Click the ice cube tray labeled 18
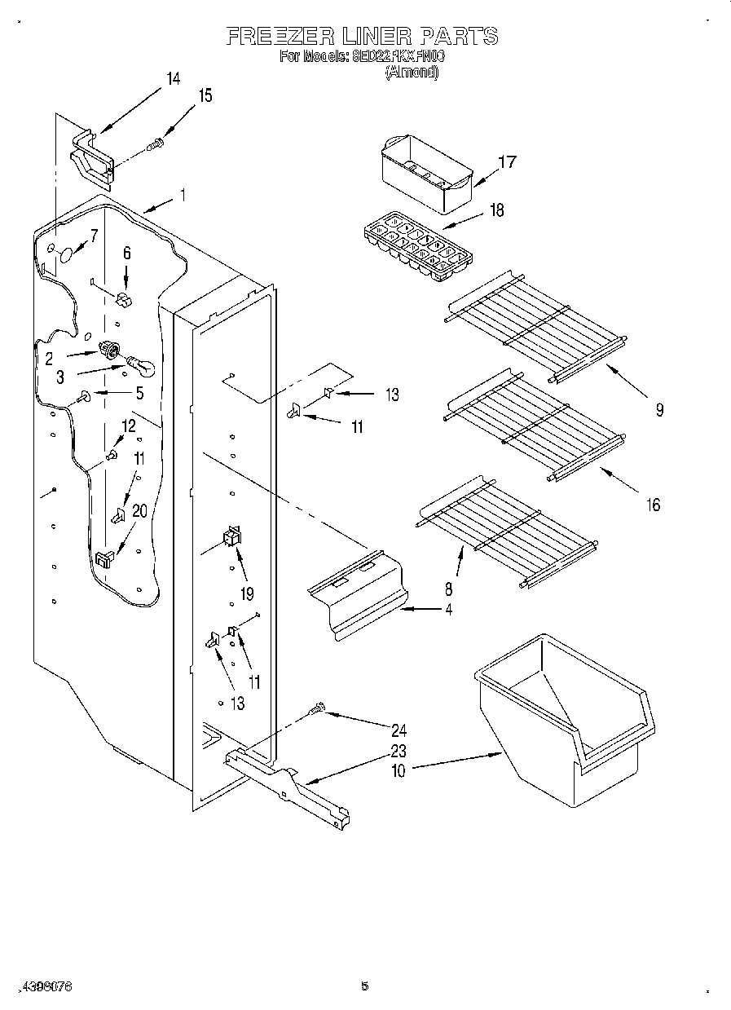pos(417,248)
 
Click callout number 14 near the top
pos(173,79)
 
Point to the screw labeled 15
pos(155,145)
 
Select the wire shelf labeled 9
pos(538,330)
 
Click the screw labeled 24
pos(318,711)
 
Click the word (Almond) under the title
pos(412,73)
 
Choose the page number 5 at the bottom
pos(364,986)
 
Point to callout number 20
pos(139,511)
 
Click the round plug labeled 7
pos(65,255)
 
